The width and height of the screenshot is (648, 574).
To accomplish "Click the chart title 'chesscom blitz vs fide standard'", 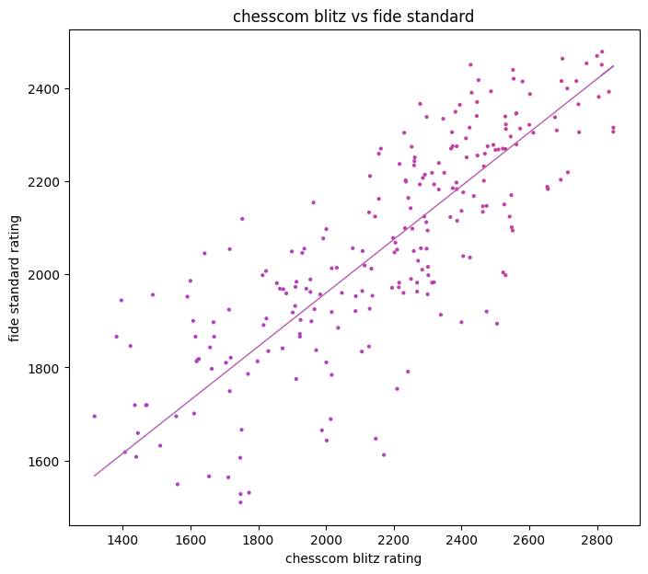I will click(x=354, y=16).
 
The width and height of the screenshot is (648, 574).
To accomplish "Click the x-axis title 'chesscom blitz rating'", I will click(x=354, y=558).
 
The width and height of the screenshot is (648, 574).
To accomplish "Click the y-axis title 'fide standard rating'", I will click(x=15, y=277).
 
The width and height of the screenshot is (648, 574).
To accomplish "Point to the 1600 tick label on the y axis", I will click(x=47, y=462).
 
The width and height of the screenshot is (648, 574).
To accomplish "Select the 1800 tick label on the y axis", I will click(x=47, y=369).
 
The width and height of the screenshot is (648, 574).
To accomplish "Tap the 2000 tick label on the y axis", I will click(x=47, y=275).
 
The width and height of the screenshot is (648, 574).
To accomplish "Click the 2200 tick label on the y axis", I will click(x=47, y=182).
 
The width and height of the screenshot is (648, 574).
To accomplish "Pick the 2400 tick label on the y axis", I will click(x=47, y=89).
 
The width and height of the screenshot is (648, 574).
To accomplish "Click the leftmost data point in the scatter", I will click(x=95, y=416).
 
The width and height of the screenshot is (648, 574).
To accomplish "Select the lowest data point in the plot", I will click(x=240, y=502).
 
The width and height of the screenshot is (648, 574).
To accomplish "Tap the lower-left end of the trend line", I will click(x=95, y=476).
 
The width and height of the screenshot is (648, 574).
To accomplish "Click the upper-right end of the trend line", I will click(x=613, y=66).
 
